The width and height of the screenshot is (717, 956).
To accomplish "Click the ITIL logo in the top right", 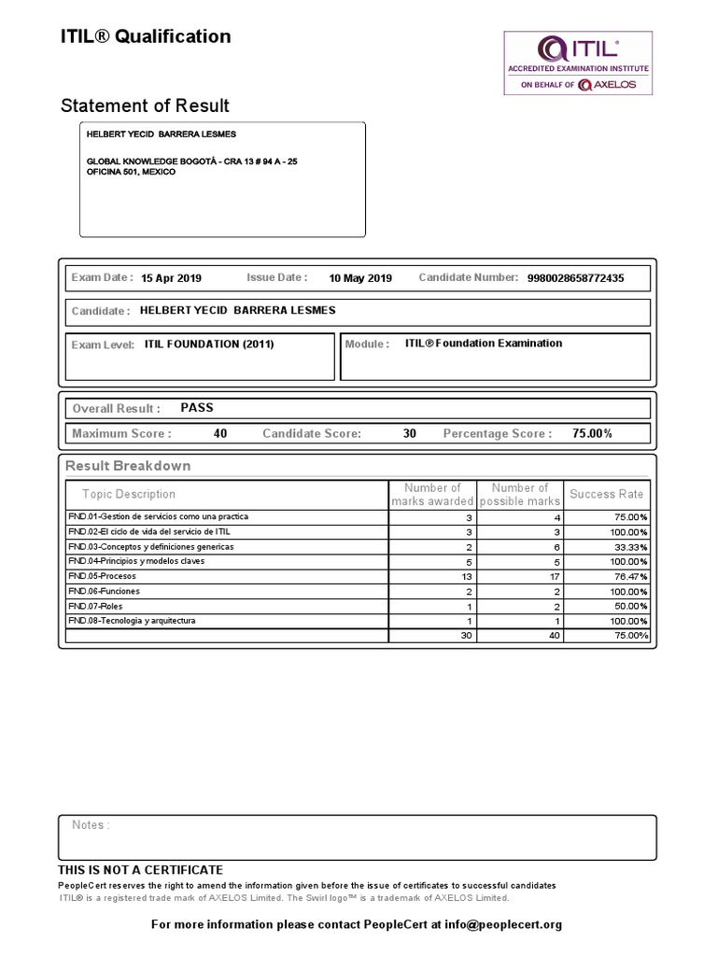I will click(578, 63).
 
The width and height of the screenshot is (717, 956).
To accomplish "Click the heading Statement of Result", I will click(145, 105).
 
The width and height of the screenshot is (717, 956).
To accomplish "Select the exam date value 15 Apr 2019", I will click(171, 278).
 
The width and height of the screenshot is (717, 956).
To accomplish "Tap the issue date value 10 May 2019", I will click(360, 278).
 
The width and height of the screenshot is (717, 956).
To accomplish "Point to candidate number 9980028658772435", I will click(575, 278).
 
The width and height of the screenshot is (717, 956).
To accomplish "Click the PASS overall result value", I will click(197, 408).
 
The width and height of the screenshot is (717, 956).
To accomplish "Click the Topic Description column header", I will click(129, 494).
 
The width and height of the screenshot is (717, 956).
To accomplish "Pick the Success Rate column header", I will click(606, 494).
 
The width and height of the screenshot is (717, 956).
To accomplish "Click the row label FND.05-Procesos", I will click(102, 576).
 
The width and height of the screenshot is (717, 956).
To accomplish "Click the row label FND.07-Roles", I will click(94, 606).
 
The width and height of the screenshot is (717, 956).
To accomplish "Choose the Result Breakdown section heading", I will click(128, 466).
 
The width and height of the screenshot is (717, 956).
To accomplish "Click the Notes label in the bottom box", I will click(91, 825).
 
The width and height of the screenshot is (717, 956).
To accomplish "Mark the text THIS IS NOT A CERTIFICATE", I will click(141, 870).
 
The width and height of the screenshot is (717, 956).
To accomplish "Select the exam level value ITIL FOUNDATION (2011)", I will click(209, 344).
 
